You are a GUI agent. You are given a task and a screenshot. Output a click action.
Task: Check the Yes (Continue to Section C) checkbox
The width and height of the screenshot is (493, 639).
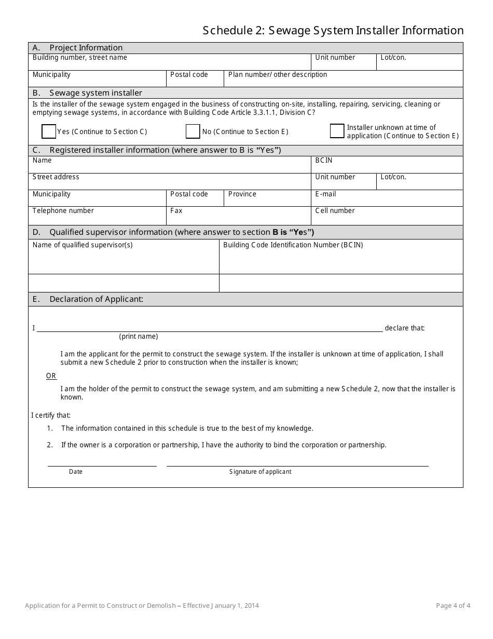(x=49, y=132)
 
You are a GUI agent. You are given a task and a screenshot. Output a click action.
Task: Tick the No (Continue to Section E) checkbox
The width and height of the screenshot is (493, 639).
(x=193, y=132)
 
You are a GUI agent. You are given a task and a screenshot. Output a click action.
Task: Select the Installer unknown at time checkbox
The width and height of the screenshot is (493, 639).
(x=337, y=131)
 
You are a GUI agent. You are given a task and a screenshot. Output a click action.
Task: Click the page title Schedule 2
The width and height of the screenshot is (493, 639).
(x=333, y=31)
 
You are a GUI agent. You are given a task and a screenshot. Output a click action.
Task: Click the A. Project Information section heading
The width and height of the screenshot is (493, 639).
(x=78, y=48)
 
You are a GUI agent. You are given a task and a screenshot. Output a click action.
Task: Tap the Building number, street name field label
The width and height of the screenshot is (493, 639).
(x=79, y=58)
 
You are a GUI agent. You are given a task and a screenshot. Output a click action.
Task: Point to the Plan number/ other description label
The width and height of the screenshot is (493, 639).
(x=278, y=75)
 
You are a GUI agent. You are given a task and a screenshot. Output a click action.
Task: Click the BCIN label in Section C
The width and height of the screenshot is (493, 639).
(x=324, y=161)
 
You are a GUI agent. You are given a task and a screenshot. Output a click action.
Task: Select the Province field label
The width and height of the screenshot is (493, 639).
(x=242, y=194)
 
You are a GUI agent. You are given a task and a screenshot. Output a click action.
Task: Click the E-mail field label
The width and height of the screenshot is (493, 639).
(x=325, y=194)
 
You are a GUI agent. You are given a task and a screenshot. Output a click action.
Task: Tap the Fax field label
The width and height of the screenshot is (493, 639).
(x=176, y=211)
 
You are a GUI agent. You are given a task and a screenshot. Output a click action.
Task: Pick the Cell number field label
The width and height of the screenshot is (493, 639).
(x=335, y=211)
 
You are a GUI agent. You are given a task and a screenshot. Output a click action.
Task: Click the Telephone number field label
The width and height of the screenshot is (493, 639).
(x=63, y=211)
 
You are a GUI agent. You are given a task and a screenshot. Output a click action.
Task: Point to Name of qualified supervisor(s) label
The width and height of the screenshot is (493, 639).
(x=83, y=245)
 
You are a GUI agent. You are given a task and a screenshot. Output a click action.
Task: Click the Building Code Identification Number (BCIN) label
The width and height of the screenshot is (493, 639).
(x=293, y=245)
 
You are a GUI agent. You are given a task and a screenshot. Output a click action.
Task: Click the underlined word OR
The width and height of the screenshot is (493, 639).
(x=51, y=376)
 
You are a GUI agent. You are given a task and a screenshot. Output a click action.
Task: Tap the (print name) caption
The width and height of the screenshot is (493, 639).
(x=139, y=337)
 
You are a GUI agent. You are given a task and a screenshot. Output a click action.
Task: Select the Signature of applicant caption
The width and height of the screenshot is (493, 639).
(x=260, y=472)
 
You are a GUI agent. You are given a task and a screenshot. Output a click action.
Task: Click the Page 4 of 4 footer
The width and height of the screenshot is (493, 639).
(x=453, y=606)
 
